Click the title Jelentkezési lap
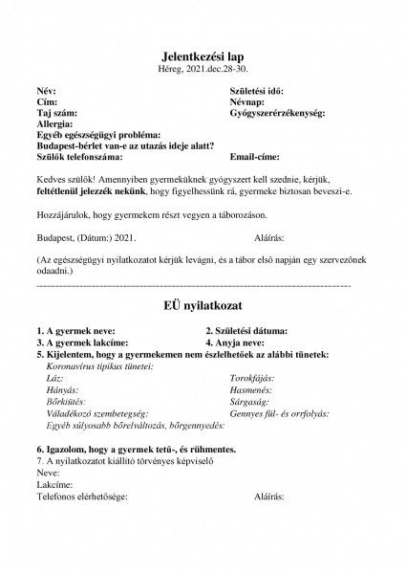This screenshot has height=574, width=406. click(203, 57)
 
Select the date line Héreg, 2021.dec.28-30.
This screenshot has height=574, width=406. click(203, 71)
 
